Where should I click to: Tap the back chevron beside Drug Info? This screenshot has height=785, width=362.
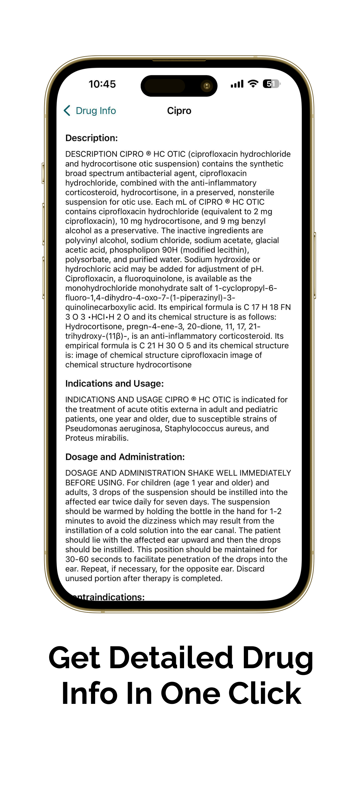pos(67,111)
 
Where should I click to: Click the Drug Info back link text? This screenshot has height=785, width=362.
pos(96,111)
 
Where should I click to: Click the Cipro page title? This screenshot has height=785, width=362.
pos(179,111)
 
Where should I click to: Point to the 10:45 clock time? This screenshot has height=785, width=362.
pos(102,84)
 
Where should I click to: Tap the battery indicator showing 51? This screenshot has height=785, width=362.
pos(271,84)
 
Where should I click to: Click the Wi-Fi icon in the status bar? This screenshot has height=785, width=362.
pos(253,83)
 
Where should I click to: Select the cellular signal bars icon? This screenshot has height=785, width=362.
pos(237,84)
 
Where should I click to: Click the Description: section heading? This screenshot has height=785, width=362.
pos(91,138)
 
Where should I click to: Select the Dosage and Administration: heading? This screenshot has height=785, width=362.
pos(125,457)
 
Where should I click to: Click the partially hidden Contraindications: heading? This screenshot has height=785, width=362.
pos(110,597)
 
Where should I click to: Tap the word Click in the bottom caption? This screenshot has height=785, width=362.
pos(265,693)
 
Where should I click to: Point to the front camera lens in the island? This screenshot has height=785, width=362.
pos(207,86)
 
